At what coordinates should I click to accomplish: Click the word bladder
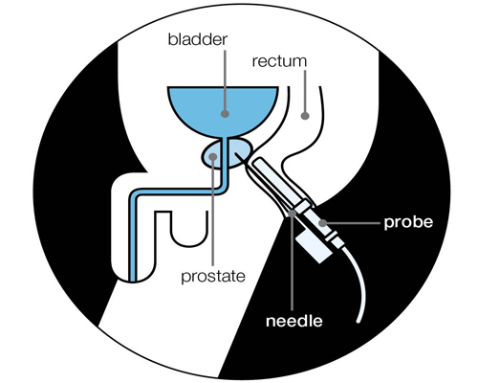[198, 40]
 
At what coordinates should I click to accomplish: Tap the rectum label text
[279, 61]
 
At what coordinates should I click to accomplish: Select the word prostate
[213, 277]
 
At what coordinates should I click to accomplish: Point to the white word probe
[408, 222]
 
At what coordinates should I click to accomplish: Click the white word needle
[294, 321]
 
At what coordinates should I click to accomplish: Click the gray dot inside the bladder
[226, 114]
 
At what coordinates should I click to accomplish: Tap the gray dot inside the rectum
[305, 116]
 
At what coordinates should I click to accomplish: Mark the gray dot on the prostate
[213, 156]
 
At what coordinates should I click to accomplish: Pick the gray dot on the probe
[323, 222]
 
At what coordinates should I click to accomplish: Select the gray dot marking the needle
[292, 214]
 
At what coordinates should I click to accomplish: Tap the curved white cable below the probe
[357, 281]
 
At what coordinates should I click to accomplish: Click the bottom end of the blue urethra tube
[134, 281]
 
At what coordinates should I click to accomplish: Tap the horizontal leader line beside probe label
[353, 223]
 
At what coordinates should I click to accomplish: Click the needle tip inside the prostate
[235, 154]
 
